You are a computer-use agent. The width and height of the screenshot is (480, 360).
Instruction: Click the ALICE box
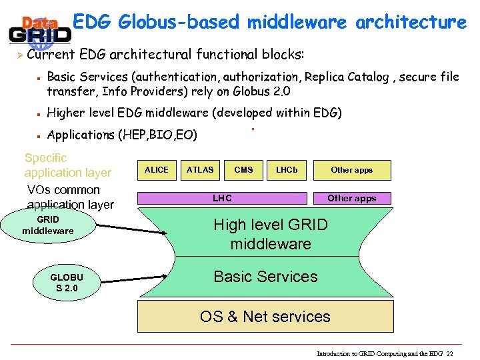pos(157,170)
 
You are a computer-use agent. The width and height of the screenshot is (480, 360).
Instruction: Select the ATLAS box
pos(200,170)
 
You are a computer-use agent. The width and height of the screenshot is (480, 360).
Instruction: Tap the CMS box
pos(243,170)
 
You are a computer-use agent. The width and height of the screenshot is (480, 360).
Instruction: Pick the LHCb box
pos(287,170)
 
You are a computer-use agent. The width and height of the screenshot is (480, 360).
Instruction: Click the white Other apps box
pos(352,170)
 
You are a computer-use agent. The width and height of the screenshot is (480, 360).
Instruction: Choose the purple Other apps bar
pos(352,198)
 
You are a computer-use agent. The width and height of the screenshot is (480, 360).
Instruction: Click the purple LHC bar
pos(222,198)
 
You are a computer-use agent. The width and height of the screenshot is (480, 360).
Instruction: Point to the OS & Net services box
pos(265,317)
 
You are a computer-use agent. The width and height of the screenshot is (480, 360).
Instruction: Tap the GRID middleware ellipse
pos(48,225)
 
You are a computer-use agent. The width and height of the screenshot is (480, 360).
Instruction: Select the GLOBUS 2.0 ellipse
pos(67,283)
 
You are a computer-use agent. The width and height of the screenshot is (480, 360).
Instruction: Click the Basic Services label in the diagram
pos(265,277)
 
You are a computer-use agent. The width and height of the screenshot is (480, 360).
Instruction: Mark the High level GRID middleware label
pos(271,234)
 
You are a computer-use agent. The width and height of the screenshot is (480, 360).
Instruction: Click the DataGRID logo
pos(39,29)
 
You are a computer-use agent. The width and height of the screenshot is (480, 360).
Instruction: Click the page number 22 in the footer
pos(450,353)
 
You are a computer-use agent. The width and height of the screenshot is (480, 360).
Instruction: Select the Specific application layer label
pos(67,165)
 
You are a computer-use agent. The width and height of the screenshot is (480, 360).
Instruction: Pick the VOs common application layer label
pos(70,197)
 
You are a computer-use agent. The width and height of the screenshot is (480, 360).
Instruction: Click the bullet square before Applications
pos(39,136)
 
